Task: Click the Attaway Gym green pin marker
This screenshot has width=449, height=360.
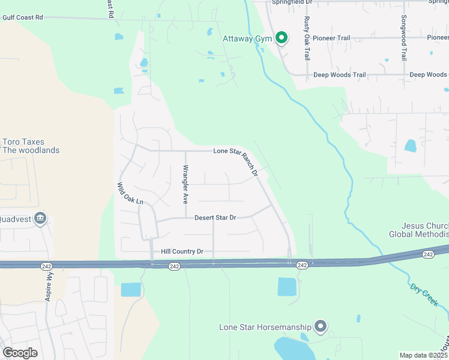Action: [x=281, y=39]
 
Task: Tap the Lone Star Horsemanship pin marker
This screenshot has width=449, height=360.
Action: [x=321, y=326]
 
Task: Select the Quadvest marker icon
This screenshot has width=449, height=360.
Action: [x=41, y=218]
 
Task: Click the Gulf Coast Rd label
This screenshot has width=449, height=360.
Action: [x=23, y=18]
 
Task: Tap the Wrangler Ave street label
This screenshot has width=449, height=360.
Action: [x=186, y=184]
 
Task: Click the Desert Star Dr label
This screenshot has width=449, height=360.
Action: [x=215, y=217]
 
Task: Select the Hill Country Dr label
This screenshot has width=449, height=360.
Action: [x=182, y=252]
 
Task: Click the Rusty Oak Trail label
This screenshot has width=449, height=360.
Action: [x=307, y=38]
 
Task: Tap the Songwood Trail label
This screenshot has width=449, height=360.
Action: [x=404, y=38]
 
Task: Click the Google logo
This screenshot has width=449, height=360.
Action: [x=20, y=353]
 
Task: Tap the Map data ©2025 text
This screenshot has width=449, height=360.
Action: [x=423, y=355]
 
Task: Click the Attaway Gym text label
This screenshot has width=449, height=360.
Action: [x=247, y=39]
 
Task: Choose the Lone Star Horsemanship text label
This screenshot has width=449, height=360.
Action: [x=265, y=327]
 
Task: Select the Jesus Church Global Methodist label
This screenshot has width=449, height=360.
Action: [x=418, y=230]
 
